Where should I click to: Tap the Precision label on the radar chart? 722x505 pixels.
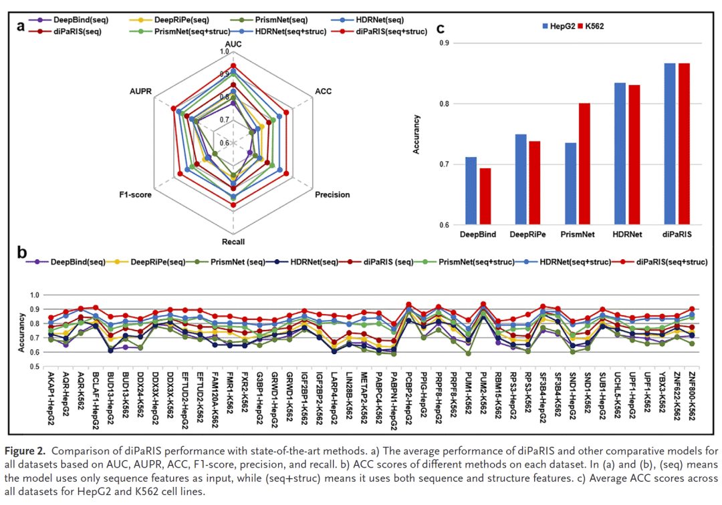[332, 194]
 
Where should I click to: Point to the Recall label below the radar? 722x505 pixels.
[233, 238]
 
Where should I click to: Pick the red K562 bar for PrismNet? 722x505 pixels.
[585, 164]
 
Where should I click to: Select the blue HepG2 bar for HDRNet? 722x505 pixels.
[620, 154]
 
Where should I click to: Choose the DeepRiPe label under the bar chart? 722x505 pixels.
[527, 235]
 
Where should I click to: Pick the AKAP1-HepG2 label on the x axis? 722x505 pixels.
[51, 394]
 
